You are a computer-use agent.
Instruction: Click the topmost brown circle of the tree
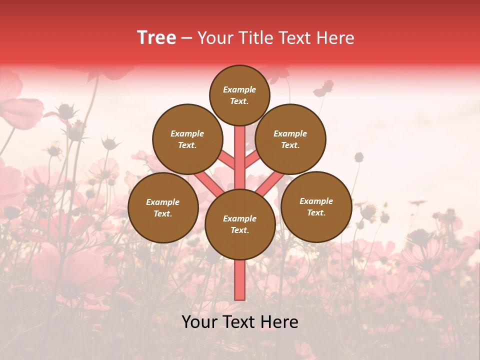[x=239, y=95]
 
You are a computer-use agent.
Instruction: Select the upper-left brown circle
[x=187, y=139]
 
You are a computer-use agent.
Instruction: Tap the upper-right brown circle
[x=290, y=139]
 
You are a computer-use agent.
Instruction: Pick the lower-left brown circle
[x=163, y=207]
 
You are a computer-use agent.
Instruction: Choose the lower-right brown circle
[x=316, y=206]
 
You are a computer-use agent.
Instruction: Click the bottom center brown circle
[x=239, y=224]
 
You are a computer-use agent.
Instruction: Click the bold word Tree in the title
[x=156, y=37]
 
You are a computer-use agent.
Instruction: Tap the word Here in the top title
[x=335, y=37]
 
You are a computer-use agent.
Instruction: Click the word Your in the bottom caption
[x=199, y=322]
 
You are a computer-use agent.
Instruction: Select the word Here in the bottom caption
[x=280, y=322]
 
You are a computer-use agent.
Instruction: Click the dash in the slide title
[x=186, y=38]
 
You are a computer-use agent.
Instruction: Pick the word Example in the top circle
[x=239, y=89]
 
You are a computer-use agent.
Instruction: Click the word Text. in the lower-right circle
[x=316, y=212]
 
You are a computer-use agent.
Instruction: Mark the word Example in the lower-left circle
[x=163, y=202]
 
